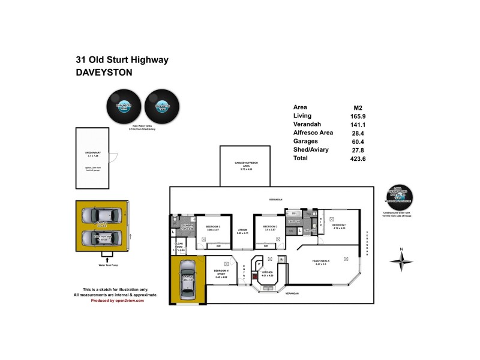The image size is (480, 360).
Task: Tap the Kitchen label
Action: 268,273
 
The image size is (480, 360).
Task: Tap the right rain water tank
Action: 161,107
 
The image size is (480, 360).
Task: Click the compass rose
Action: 401,260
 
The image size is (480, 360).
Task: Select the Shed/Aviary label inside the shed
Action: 92,154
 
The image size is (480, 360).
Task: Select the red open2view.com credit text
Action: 118,301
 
